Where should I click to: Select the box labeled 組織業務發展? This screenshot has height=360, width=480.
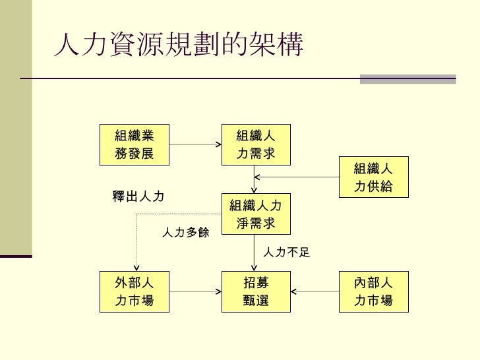pyautogui.click(x=134, y=144)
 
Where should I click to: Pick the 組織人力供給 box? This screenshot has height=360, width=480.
pyautogui.click(x=373, y=177)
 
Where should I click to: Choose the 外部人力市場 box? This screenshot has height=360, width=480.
pyautogui.click(x=134, y=291)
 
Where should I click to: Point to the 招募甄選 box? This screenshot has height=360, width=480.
pyautogui.click(x=255, y=291)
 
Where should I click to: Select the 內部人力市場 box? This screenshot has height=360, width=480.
pyautogui.click(x=373, y=291)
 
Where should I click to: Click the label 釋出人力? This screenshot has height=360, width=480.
pyautogui.click(x=138, y=196)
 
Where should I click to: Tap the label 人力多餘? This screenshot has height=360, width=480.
pyautogui.click(x=185, y=232)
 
